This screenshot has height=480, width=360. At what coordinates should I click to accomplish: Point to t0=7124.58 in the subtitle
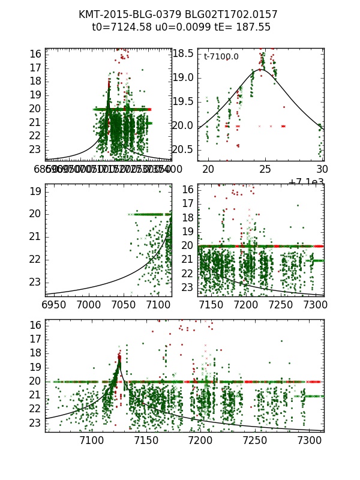point(122,28)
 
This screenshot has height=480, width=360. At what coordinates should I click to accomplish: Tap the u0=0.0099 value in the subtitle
point(180,28)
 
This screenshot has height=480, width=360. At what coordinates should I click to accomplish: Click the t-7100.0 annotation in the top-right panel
point(221,56)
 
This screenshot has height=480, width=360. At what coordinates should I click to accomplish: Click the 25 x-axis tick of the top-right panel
point(265,169)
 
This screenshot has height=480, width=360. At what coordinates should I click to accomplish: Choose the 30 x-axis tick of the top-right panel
point(322,169)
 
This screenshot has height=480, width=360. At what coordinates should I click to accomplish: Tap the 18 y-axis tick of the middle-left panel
point(34,191)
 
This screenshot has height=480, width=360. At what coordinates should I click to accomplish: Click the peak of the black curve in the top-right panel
point(260,70)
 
